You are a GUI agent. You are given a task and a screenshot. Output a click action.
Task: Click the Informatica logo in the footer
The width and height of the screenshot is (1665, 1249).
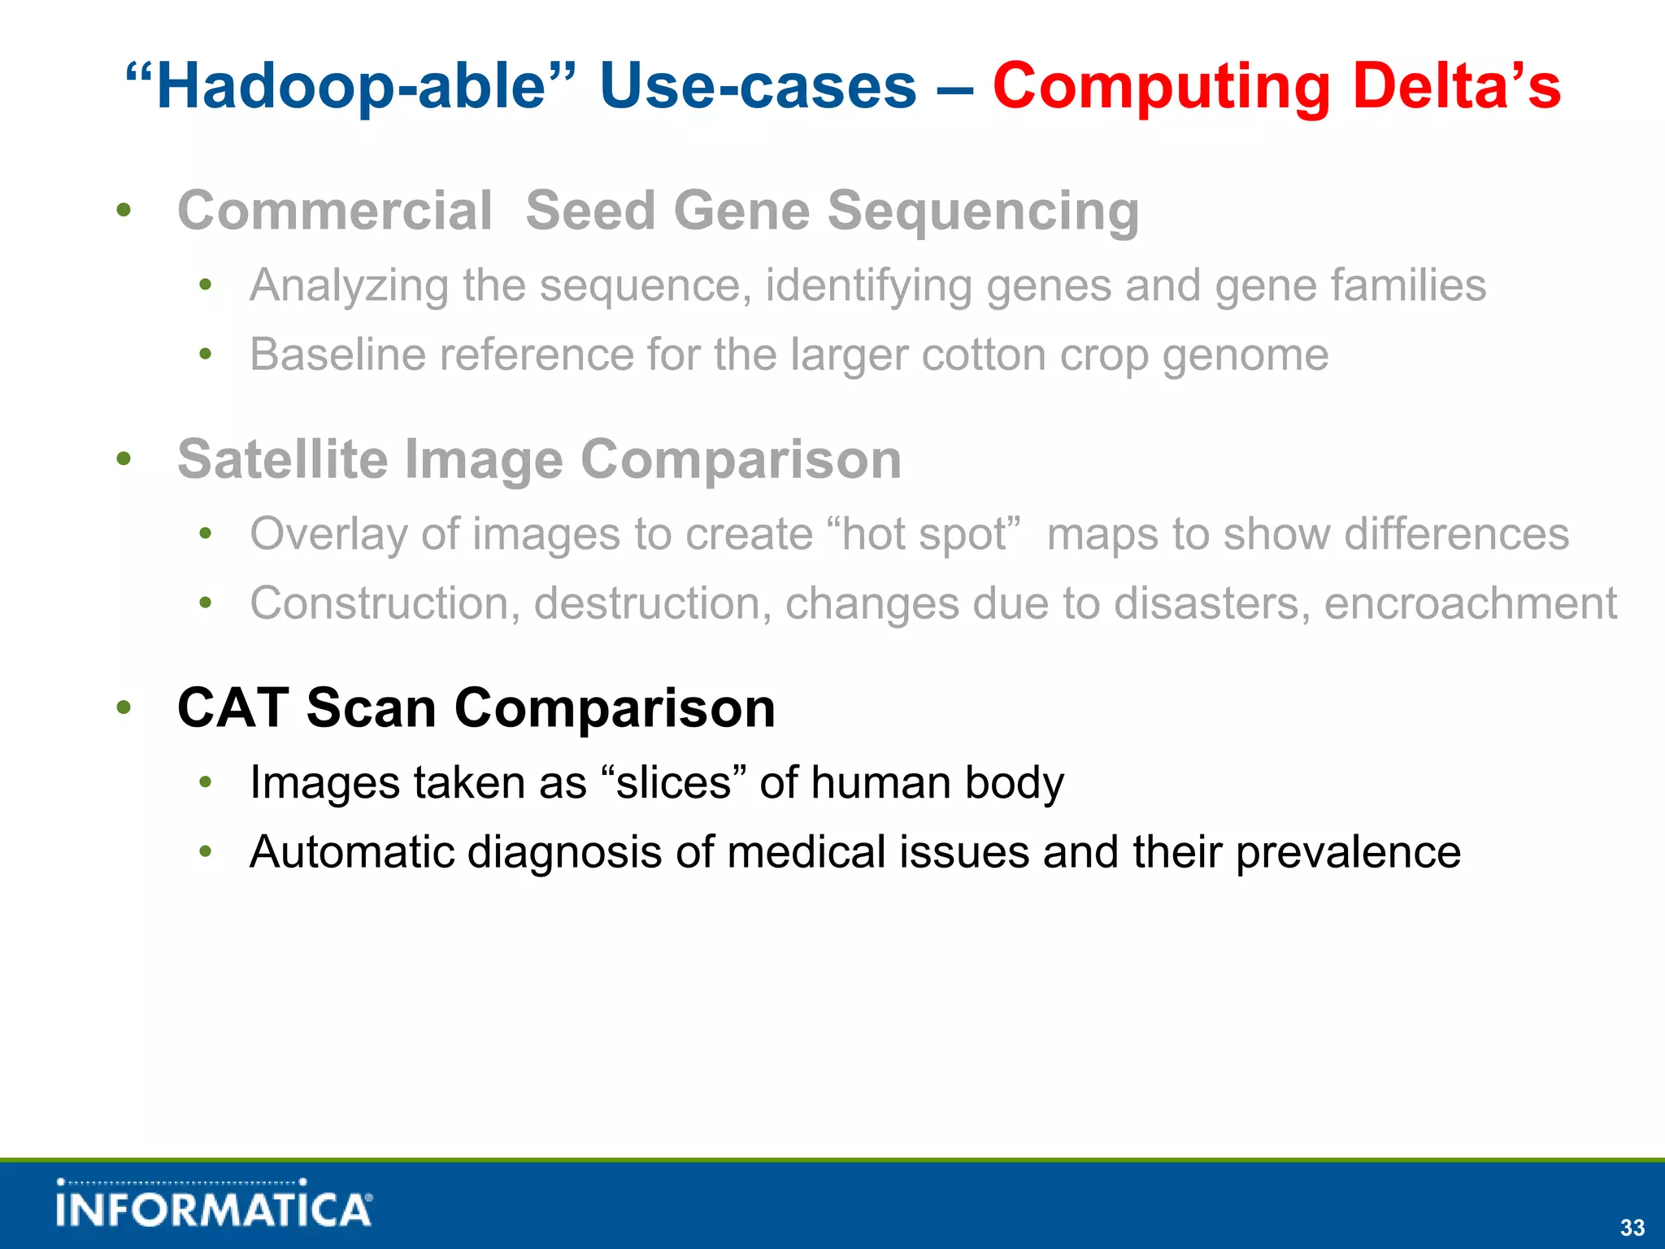(214, 1205)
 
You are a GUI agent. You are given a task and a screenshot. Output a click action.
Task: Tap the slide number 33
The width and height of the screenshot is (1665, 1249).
(1632, 1227)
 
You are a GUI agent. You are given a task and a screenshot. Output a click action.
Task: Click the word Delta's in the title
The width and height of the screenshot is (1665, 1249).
(1456, 86)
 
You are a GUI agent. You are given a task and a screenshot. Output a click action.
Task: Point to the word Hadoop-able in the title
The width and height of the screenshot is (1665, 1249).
(350, 86)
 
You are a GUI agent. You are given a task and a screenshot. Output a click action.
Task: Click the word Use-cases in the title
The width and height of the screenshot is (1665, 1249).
(758, 86)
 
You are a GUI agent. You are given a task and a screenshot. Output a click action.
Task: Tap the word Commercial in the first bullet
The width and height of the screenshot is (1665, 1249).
(335, 211)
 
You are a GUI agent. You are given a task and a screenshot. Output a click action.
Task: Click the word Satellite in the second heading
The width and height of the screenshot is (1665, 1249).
(282, 459)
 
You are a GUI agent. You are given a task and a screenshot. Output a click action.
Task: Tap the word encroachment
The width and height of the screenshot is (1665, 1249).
(1470, 603)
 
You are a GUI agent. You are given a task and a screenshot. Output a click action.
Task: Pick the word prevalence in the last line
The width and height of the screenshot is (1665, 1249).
(1348, 853)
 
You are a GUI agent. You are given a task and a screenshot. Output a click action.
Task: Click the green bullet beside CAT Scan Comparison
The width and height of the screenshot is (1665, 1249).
(124, 707)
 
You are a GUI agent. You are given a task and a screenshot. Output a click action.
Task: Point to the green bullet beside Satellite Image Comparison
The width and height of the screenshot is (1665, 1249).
(124, 459)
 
